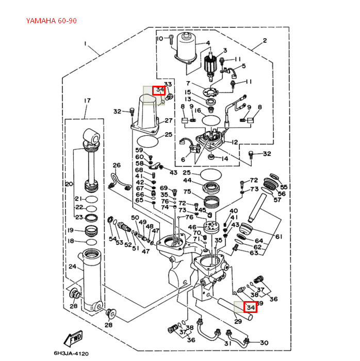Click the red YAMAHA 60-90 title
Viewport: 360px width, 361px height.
pos(52,21)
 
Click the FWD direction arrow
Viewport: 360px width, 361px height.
pos(73,339)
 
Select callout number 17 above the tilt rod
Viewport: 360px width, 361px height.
pos(87,100)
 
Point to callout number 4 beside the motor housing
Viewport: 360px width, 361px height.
pos(208,43)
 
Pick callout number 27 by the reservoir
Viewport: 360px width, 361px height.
pos(168,120)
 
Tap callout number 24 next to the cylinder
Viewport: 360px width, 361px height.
pos(72,267)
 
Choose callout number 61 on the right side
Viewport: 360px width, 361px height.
pos(279,237)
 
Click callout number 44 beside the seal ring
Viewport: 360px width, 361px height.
pos(187,181)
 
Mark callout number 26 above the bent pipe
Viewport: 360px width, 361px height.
pos(117,165)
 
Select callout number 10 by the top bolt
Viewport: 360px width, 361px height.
pos(159,39)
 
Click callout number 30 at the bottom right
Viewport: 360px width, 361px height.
pos(264,342)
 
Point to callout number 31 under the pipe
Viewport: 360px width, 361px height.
pos(227,343)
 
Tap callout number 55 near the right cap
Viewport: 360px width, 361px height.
pos(283,186)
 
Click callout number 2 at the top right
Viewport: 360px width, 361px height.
pos(265,40)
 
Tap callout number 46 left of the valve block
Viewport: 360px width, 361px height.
pos(192,227)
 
